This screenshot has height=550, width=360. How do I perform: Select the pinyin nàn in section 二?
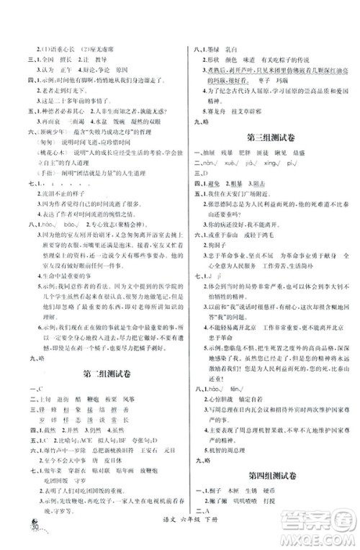pyautogui.click(x=217, y=163)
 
